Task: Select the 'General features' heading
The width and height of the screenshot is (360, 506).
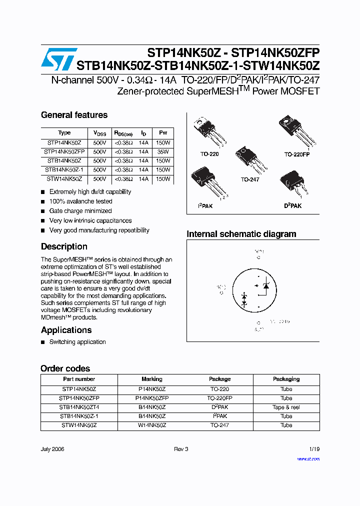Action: [74, 115]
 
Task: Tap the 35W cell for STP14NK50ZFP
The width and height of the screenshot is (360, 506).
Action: [163, 151]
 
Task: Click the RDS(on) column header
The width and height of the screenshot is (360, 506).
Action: [123, 133]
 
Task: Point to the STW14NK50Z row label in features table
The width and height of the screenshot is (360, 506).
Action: [64, 178]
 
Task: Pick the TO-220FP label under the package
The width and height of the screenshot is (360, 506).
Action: [297, 154]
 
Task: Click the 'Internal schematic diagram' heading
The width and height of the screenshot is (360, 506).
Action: [241, 234]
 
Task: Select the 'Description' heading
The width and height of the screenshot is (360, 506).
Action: [64, 246]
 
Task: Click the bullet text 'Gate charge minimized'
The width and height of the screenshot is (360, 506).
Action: [80, 211]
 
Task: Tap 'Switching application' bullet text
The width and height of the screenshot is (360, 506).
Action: [77, 342]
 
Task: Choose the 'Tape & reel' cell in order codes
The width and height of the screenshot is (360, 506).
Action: [286, 407]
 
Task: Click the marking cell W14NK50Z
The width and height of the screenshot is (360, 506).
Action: [152, 425]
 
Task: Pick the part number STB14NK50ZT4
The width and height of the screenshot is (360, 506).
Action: [79, 407]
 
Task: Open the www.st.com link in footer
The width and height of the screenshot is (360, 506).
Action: [308, 458]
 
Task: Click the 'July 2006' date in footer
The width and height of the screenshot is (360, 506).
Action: [52, 449]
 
